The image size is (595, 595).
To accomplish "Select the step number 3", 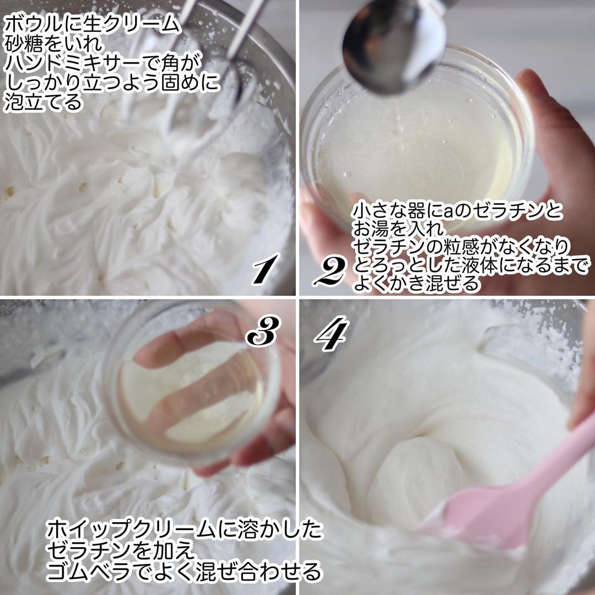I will click(x=263, y=332).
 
